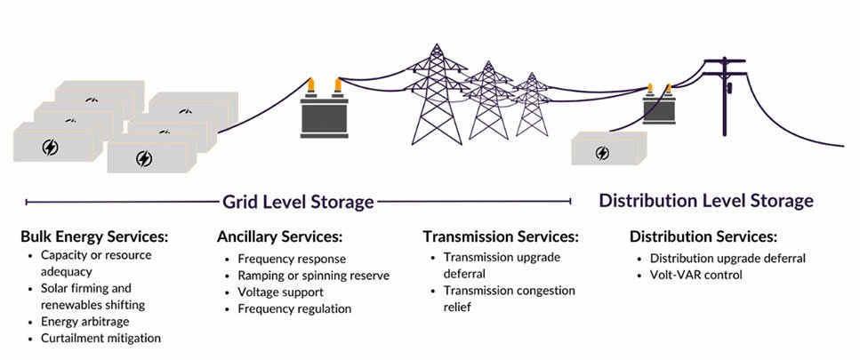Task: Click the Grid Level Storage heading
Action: coord(298,202)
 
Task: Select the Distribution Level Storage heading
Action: coord(705,201)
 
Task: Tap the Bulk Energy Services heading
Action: coord(94,237)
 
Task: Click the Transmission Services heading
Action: coord(501,237)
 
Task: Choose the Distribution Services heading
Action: coord(703,237)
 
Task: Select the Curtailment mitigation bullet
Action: coord(100,338)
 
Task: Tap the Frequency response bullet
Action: coord(292,259)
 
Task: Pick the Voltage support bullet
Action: coord(280,292)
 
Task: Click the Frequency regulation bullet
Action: coord(294,308)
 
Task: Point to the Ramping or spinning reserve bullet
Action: coord(313,276)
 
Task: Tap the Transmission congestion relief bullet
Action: coord(509,299)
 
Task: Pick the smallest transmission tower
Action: coord(533,106)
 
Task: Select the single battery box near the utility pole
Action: coord(608,148)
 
